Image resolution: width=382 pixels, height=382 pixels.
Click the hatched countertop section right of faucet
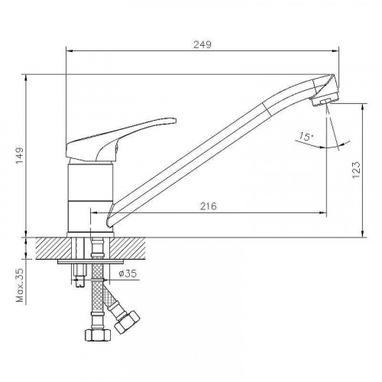coord(133,248)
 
